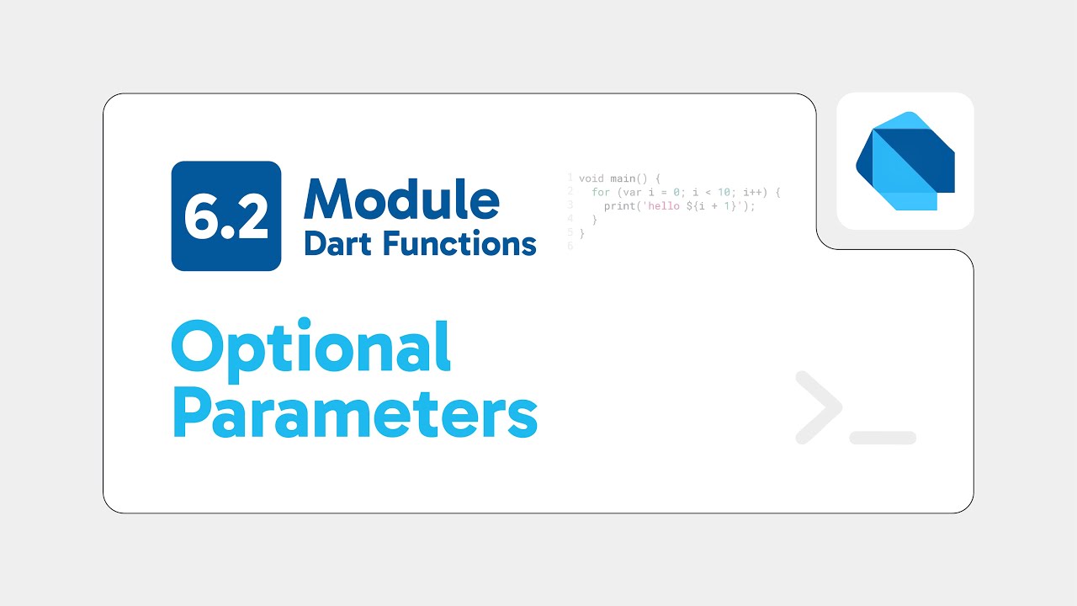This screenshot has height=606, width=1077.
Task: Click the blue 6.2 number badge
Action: [x=225, y=216]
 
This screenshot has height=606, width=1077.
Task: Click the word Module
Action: [x=402, y=200]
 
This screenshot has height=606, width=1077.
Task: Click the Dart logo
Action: [x=905, y=161]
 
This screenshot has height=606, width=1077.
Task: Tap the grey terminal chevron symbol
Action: [x=818, y=407]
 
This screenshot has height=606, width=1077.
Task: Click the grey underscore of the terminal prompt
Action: [x=883, y=438]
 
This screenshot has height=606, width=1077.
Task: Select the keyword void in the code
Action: [x=592, y=178]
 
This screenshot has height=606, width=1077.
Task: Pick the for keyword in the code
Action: [x=599, y=193]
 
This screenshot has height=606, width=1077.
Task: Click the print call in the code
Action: [x=619, y=206]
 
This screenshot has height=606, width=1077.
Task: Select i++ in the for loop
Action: [x=755, y=193]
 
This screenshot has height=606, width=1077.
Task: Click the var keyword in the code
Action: [x=626, y=193]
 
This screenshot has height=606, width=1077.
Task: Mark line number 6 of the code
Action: [x=570, y=247]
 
